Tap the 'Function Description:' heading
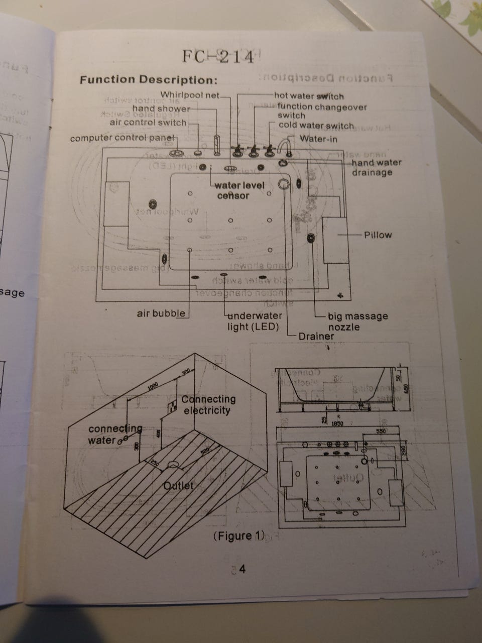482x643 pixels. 149,80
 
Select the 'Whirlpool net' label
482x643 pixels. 190,95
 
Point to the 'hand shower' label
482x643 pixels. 161,109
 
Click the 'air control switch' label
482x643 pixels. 148,122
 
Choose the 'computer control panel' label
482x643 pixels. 122,138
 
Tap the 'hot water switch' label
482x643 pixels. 309,96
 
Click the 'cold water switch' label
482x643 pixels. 316,126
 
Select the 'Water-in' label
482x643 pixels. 318,139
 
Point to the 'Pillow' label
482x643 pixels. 378,235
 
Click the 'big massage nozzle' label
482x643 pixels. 357,321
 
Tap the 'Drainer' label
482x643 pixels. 316,336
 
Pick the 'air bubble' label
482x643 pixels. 161,313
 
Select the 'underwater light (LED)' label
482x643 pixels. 254,321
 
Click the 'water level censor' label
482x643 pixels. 239,190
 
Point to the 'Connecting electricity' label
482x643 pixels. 208,405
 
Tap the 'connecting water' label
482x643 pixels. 114,435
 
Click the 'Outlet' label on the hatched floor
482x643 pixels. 178,486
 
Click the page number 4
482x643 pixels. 242,569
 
